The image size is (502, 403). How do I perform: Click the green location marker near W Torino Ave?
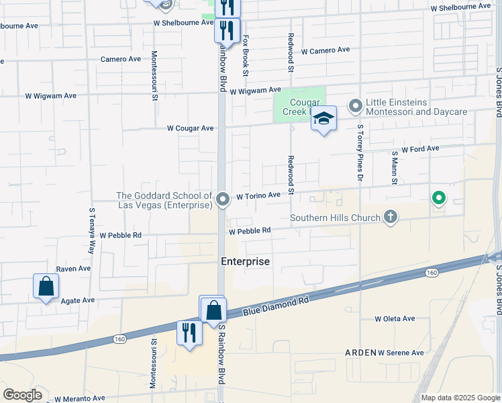[438, 197]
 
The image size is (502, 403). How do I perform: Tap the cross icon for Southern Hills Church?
[391, 217]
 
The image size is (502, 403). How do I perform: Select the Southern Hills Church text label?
[335, 218]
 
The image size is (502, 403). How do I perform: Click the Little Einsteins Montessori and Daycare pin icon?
[356, 106]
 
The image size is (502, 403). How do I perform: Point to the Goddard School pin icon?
[223, 198]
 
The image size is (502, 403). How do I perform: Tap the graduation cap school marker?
[323, 119]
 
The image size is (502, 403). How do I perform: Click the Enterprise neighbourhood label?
[246, 261]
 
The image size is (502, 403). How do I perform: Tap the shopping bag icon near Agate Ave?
[46, 286]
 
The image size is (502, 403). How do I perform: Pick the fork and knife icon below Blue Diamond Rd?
[189, 332]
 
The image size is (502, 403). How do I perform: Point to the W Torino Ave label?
[258, 195]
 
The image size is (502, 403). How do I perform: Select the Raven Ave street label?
[73, 269]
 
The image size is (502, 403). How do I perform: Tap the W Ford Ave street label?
[420, 148]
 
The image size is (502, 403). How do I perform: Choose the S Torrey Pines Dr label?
[360, 153]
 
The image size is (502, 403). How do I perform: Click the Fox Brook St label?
[246, 56]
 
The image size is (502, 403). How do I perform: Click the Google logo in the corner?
[22, 395]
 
